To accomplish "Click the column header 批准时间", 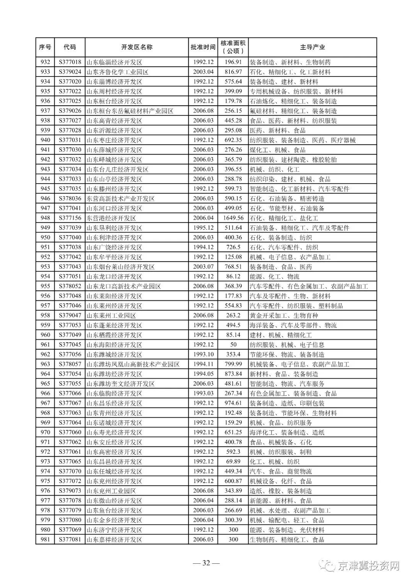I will click(203, 47).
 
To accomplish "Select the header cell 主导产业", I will click(312, 47).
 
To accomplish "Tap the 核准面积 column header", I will click(233, 47).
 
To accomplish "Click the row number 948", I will click(45, 218).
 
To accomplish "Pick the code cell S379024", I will click(70, 72).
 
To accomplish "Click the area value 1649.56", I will click(233, 218).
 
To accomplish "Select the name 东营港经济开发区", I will click(111, 218).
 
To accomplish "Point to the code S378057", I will click(70, 364).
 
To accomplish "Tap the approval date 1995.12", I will click(203, 228).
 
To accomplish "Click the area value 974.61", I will click(233, 403).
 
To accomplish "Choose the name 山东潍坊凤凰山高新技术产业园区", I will click(133, 364).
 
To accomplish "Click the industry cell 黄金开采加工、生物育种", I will click(284, 316).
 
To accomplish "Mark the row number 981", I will click(45, 540).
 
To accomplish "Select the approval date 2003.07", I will click(203, 267).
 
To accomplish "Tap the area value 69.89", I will click(233, 462).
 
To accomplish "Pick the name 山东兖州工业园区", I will click(111, 491).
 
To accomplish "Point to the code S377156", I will click(70, 218).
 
